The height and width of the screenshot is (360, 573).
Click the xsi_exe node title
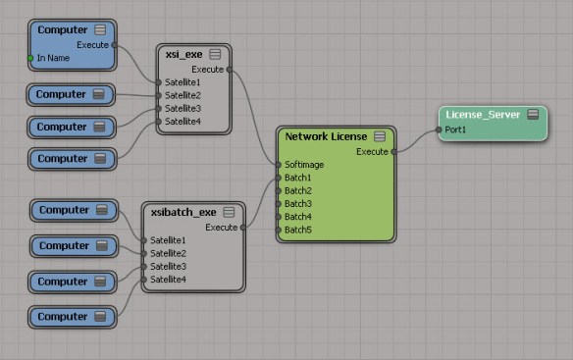tap(183, 54)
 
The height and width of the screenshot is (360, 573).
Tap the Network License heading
tap(327, 136)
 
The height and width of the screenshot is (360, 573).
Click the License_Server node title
tap(482, 115)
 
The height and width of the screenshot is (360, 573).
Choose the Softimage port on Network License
tap(304, 165)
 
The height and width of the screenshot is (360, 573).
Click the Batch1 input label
tap(298, 178)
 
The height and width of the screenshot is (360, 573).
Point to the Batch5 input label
tap(298, 229)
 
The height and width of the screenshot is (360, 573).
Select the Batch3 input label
tap(298, 203)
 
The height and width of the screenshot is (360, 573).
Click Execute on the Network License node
tap(372, 152)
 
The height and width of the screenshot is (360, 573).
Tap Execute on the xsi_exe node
tap(206, 70)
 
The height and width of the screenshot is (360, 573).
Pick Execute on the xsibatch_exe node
tap(221, 228)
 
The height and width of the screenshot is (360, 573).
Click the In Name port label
tap(56, 59)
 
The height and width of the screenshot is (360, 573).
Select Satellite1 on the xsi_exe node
tap(182, 82)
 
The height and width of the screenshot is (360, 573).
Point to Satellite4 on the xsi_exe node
tap(182, 121)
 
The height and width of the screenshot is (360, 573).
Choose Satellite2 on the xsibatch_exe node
tap(168, 253)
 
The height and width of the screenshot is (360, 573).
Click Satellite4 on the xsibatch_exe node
tap(168, 280)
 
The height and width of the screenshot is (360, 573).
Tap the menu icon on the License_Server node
tap(533, 115)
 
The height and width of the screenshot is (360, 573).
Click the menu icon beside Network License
tap(380, 136)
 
